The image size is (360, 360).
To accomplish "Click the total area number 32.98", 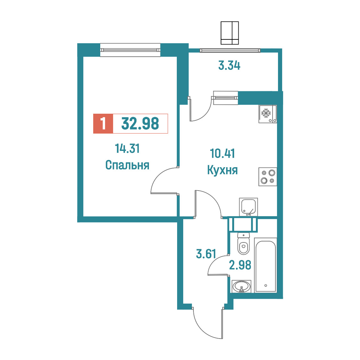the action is (x=140, y=124).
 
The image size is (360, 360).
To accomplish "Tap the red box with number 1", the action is (x=103, y=124).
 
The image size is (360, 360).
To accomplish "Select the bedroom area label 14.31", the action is (x=127, y=149).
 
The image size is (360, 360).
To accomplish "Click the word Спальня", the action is (x=127, y=165).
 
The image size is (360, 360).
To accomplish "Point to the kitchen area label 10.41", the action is (x=223, y=154).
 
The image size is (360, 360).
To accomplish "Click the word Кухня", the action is (x=223, y=170).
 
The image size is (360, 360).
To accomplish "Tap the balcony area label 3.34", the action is (x=229, y=65).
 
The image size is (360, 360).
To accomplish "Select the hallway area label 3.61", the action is (x=206, y=254).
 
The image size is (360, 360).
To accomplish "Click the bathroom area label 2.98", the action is (x=240, y=265).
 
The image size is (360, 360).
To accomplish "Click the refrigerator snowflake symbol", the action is (x=266, y=113).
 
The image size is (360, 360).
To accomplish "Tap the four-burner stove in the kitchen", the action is (x=268, y=176).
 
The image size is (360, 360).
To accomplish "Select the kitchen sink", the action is (x=249, y=207).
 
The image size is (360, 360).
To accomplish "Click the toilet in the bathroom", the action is (x=243, y=244).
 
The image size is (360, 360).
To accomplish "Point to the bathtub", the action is (x=266, y=265).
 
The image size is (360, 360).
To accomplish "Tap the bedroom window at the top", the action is (x=130, y=50).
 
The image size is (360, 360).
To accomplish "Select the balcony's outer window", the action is (x=230, y=50).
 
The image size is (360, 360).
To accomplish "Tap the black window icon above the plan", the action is (x=230, y=33).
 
